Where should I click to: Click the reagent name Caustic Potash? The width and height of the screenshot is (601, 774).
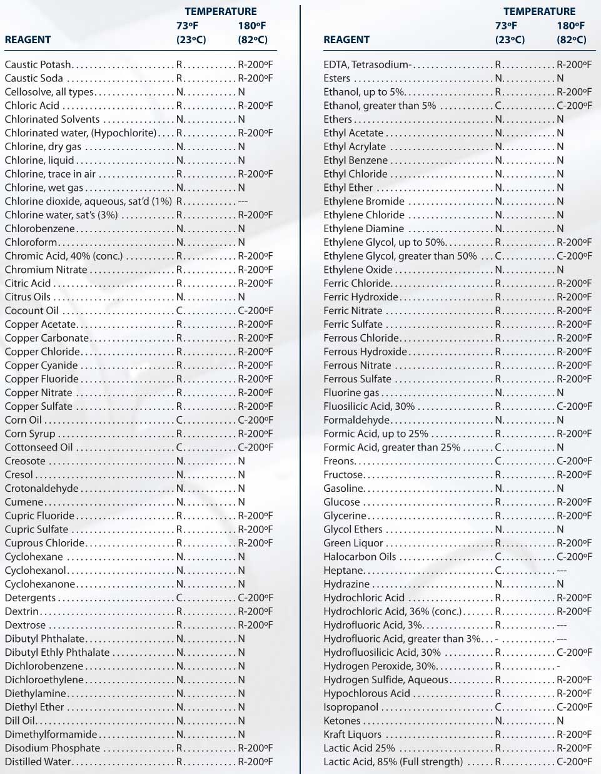point(38,64)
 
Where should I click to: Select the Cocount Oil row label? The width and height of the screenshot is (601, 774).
point(31,310)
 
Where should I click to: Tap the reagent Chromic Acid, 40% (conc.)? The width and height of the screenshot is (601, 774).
point(64,256)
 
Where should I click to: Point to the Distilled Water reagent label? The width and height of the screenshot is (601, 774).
point(38,761)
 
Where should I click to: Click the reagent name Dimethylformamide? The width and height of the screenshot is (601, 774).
point(51,734)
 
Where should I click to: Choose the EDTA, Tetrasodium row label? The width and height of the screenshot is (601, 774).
point(366,64)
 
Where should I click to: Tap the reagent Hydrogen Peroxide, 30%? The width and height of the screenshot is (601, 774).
point(380,666)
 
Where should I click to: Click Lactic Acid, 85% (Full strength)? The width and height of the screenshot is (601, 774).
point(393,761)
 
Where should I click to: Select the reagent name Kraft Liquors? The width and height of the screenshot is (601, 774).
point(352,734)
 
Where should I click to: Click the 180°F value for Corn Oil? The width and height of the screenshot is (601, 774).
point(255,420)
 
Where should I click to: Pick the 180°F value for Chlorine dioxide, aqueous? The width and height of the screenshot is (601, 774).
point(243,201)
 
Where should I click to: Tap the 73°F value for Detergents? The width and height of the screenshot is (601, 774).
point(179,598)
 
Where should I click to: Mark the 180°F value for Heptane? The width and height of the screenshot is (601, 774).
point(562,570)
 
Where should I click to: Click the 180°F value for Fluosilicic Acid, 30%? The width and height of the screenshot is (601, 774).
point(574,406)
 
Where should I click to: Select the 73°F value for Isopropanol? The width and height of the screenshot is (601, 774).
point(498,707)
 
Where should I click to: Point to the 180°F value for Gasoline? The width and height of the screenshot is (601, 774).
point(560,488)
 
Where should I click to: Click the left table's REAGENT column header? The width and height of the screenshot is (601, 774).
point(28,39)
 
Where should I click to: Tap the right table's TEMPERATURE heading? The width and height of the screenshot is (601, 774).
point(539,11)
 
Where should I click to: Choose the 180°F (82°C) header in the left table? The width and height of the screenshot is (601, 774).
point(253,33)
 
